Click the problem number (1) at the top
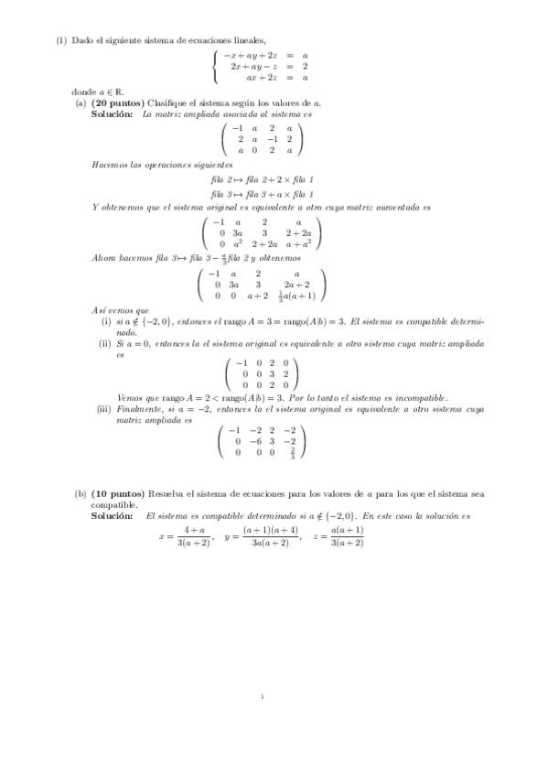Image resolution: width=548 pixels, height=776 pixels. pos(61,39)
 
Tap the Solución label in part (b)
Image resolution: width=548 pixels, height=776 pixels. pos(111,516)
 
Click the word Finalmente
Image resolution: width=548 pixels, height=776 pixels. pos(140,408)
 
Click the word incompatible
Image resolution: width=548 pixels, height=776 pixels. pos(420,398)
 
